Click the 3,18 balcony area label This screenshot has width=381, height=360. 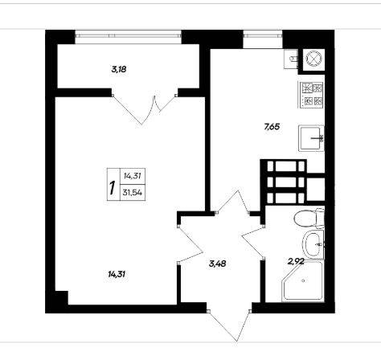click(119, 70)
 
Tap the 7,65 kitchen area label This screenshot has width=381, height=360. click(272, 127)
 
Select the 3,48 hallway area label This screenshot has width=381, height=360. click(217, 264)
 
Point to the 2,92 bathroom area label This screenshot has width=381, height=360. click(296, 261)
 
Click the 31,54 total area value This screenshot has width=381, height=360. click(133, 192)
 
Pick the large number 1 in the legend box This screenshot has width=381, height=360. click(113, 188)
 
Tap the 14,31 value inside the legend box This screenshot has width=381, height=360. click(133, 176)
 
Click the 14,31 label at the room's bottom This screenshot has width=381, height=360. click(117, 274)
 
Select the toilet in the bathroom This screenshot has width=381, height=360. click(309, 218)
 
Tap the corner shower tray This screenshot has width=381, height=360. click(303, 281)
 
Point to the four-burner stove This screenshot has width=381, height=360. click(312, 95)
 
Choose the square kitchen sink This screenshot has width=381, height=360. click(311, 138)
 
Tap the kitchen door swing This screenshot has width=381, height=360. click(232, 202)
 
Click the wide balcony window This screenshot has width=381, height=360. click(128, 35)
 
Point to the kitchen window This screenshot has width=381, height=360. click(263, 34)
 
